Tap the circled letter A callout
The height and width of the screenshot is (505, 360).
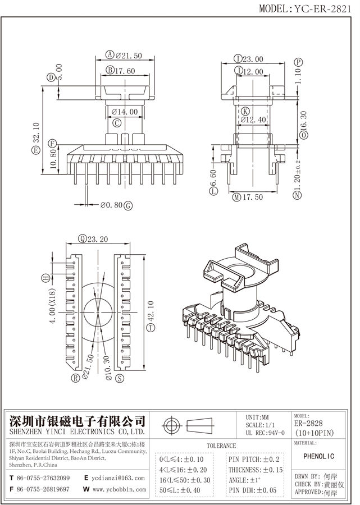tap(110, 55)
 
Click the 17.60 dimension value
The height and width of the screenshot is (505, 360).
tap(125, 71)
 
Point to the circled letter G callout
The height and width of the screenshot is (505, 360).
tap(128, 205)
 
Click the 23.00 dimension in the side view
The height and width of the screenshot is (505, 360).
tap(253, 59)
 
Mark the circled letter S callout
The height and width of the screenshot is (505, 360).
tap(119, 379)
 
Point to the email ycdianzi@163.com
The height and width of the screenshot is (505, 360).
tap(118, 478)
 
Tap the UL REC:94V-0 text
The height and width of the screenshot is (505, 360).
tap(265, 433)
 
